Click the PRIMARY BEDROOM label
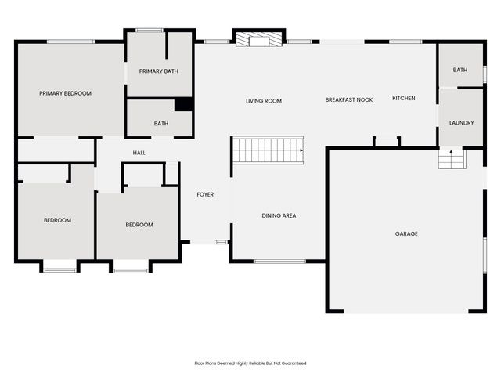click(66, 93)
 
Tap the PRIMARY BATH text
click(159, 71)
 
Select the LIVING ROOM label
click(264, 101)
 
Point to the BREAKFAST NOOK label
click(349, 99)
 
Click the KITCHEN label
click(404, 98)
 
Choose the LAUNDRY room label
click(461, 122)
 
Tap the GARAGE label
click(406, 233)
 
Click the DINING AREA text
click(279, 215)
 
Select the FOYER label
click(205, 194)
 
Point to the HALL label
click(139, 153)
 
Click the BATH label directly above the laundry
click(460, 70)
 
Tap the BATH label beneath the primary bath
click(161, 123)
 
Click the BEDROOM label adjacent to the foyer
click(139, 225)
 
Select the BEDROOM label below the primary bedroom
click(57, 220)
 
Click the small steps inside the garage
click(451, 159)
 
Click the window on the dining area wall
click(279, 261)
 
